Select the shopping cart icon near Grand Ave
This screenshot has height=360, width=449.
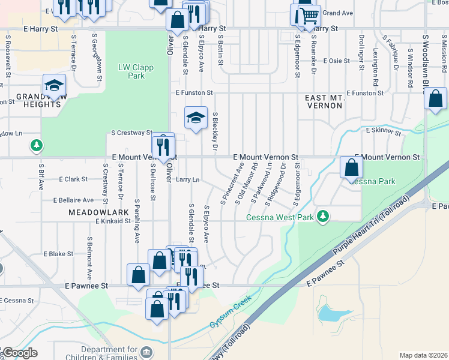(307, 14)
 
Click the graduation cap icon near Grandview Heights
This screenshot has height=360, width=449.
(54, 86)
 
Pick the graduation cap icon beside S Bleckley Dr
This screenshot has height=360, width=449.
(196, 118)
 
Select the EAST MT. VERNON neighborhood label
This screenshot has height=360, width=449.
(324, 101)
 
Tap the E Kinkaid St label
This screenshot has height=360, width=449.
(113, 221)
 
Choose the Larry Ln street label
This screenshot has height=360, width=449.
(188, 179)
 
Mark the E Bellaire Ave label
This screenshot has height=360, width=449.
(73, 200)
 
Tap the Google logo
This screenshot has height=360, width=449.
(20, 353)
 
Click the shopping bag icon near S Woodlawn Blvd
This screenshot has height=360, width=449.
(435, 98)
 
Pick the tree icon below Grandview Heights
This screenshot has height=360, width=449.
(37, 145)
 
